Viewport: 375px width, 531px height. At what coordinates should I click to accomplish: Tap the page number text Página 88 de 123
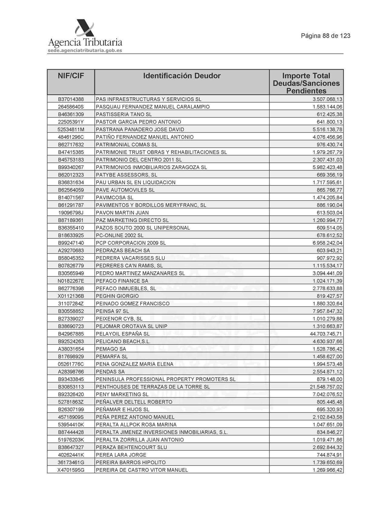pyautogui.click(x=325, y=36)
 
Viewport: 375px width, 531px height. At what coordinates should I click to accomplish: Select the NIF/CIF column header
pyautogui.click(x=71, y=76)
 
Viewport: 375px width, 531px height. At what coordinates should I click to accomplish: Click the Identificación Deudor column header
pyautogui.click(x=182, y=76)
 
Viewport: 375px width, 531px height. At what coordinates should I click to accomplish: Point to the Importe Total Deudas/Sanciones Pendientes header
pyautogui.click(x=306, y=83)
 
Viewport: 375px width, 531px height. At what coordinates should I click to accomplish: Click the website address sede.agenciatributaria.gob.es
pyautogui.click(x=85, y=51)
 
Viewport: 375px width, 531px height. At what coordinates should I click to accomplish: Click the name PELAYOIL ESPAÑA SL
pyautogui.click(x=122, y=334)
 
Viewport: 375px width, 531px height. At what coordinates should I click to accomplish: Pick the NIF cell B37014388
pyautogui.click(x=71, y=99)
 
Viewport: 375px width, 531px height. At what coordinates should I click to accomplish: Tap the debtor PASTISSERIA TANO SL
pyautogui.click(x=124, y=114)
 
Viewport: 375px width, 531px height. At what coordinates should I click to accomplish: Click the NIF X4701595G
pyautogui.click(x=71, y=470)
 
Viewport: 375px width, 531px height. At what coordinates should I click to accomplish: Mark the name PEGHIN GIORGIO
pyautogui.click(x=117, y=296)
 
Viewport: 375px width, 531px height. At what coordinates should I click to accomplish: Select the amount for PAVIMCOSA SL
pyautogui.click(x=328, y=198)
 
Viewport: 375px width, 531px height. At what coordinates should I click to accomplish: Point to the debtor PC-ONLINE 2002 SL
pyautogui.click(x=119, y=235)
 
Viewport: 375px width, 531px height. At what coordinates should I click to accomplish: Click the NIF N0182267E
pyautogui.click(x=71, y=281)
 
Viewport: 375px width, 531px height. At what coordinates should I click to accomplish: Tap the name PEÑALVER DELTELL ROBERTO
pyautogui.click(x=134, y=402)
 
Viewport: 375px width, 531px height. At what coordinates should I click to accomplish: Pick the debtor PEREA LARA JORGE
pyautogui.click(x=121, y=455)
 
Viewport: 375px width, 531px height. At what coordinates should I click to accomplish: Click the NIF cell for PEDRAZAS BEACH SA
pyautogui.click(x=71, y=251)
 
